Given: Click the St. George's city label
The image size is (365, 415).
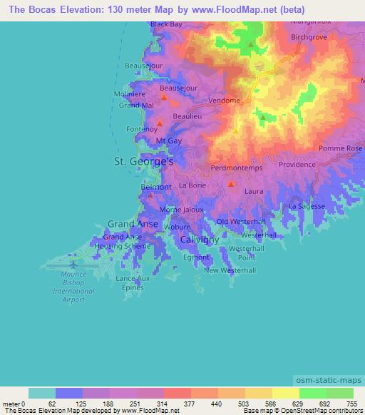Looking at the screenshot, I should pos(144,162).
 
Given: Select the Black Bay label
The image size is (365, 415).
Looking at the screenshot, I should pos(165,24).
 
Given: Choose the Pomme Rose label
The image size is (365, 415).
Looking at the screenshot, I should pos(341,148).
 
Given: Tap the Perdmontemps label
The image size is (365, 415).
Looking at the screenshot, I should pos(237,168).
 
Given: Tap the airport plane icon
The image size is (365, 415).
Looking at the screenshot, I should pos(76,262).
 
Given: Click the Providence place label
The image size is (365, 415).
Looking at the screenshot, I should pos(296,164).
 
